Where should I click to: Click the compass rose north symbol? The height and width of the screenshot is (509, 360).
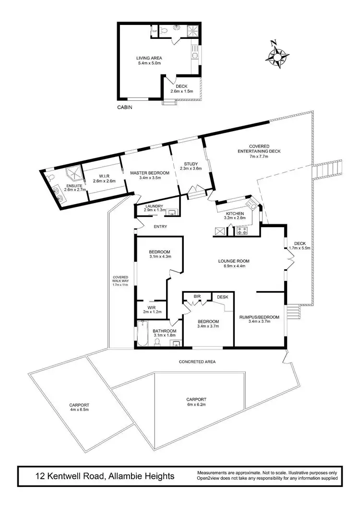(x=277, y=54)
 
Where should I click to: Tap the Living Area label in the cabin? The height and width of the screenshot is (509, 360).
(x=149, y=61)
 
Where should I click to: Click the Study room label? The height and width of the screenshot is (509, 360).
(x=191, y=166)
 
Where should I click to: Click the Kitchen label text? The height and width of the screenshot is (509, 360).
(x=235, y=214)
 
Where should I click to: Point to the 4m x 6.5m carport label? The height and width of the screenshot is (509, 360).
(x=79, y=408)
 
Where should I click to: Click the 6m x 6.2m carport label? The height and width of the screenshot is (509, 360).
(x=196, y=401)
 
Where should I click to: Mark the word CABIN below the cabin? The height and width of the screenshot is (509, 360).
(x=124, y=108)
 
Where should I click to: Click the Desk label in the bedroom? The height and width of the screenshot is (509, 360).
(x=222, y=297)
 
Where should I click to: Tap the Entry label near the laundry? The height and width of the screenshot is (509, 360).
(x=160, y=227)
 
